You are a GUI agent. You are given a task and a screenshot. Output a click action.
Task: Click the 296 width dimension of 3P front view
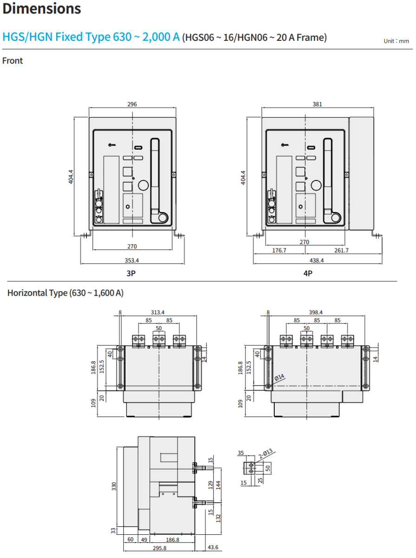point(132,104)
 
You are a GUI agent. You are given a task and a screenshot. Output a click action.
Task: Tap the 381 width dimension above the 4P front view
point(317,104)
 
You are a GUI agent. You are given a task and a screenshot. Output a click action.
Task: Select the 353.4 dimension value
point(132,260)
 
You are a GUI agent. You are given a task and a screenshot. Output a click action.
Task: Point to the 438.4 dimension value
point(317,260)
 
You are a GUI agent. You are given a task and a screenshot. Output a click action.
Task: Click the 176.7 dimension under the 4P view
point(279,250)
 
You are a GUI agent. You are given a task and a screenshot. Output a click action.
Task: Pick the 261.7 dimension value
point(341,250)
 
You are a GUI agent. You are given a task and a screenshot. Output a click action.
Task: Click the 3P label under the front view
point(131,273)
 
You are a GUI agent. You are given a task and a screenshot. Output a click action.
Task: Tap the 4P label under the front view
point(308,273)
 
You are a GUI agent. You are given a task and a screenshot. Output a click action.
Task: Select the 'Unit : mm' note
point(396,41)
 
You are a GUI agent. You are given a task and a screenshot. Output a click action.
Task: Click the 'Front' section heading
point(13,60)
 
